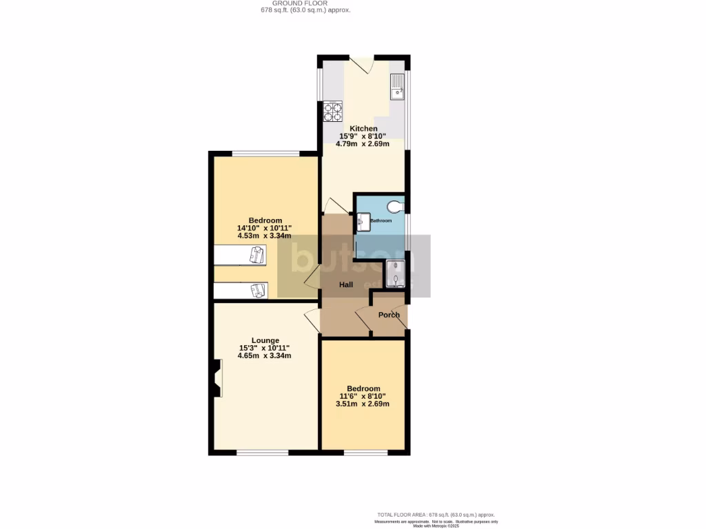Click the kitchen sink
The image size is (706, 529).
[397, 87]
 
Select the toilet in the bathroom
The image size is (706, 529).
[396, 206]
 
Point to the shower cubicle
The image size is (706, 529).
[396, 273]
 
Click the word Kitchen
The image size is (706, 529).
[363, 129]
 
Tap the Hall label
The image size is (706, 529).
[345, 284]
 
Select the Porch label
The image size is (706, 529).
[389, 315]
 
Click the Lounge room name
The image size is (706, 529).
[265, 340]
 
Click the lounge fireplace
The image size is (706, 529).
[217, 379]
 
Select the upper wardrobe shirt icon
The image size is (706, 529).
[256, 256]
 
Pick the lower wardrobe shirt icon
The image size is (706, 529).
[258, 291]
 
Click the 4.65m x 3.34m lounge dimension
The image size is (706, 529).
[265, 356]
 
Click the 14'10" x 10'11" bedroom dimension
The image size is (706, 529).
[265, 228]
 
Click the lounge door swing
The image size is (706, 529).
[311, 320]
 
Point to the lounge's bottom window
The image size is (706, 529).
[262, 453]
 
